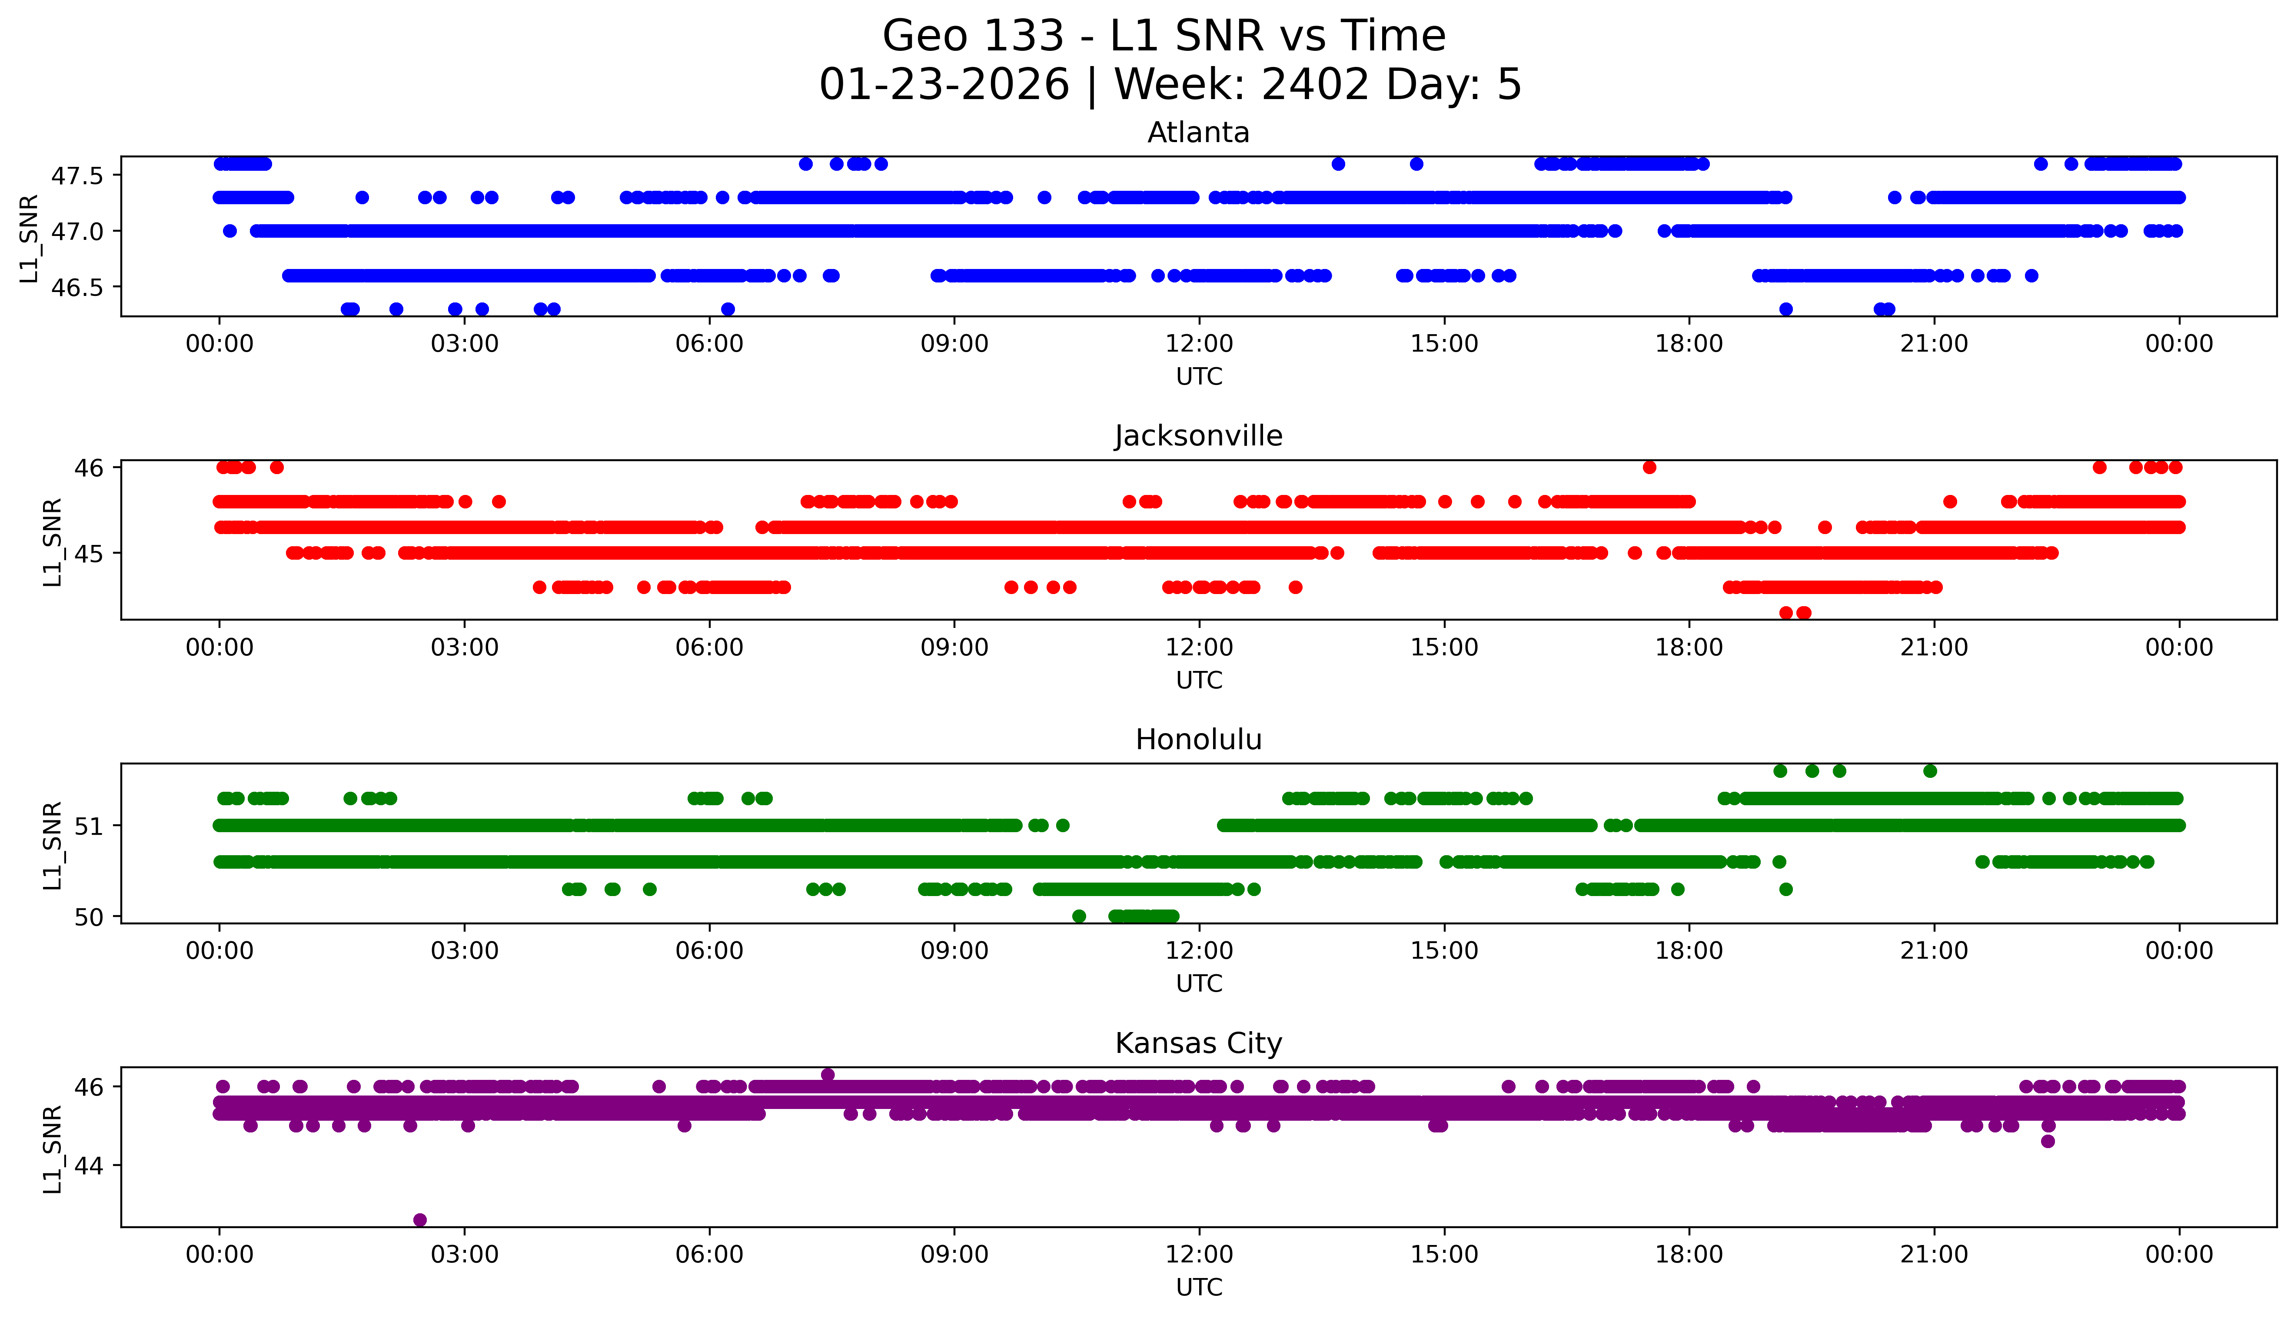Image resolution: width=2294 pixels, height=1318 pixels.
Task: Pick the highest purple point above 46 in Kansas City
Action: (828, 1075)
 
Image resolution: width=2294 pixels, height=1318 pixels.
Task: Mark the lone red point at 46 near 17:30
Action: (1649, 467)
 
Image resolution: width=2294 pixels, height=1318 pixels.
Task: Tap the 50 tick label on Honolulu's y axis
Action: (90, 917)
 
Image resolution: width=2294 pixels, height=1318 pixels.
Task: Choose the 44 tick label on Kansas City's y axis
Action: (90, 1165)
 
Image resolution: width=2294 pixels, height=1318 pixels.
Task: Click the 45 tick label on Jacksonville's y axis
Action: (90, 553)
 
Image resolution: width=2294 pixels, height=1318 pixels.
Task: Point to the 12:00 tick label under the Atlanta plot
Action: (1199, 344)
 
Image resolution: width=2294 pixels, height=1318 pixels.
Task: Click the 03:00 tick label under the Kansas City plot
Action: (465, 1255)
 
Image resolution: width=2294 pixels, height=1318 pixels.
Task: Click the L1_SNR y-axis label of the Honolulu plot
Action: (53, 845)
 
